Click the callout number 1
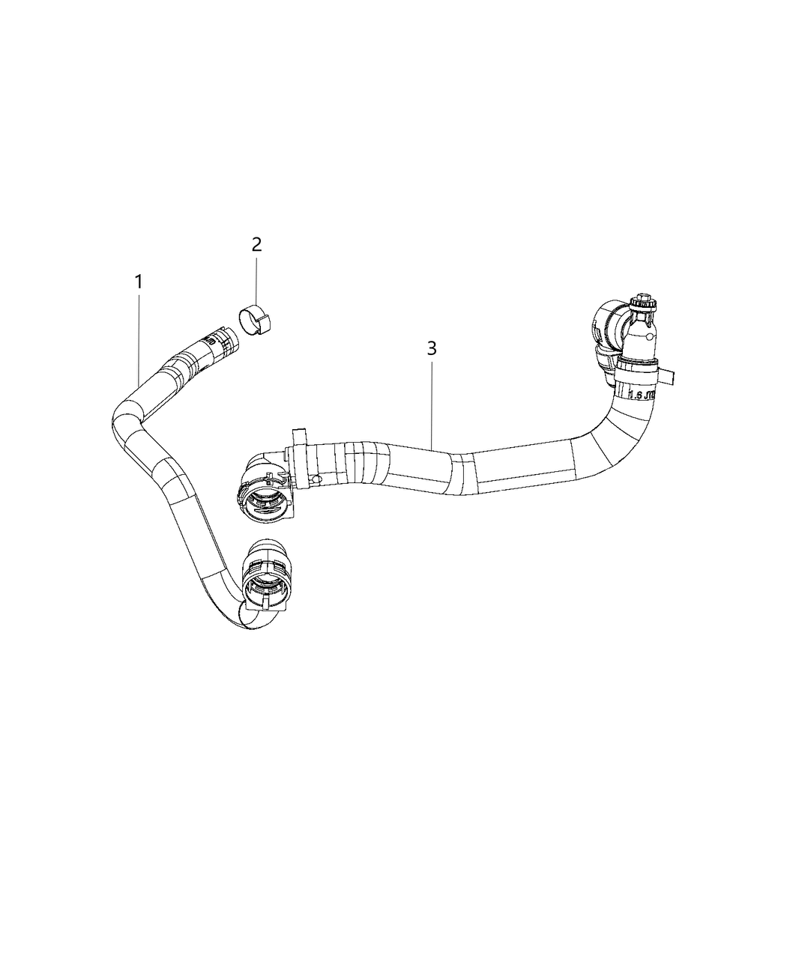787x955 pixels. click(138, 282)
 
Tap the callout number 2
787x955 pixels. click(256, 244)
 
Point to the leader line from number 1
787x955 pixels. click(139, 337)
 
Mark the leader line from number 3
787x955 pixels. click(432, 404)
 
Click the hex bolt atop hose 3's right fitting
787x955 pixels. click(643, 303)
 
